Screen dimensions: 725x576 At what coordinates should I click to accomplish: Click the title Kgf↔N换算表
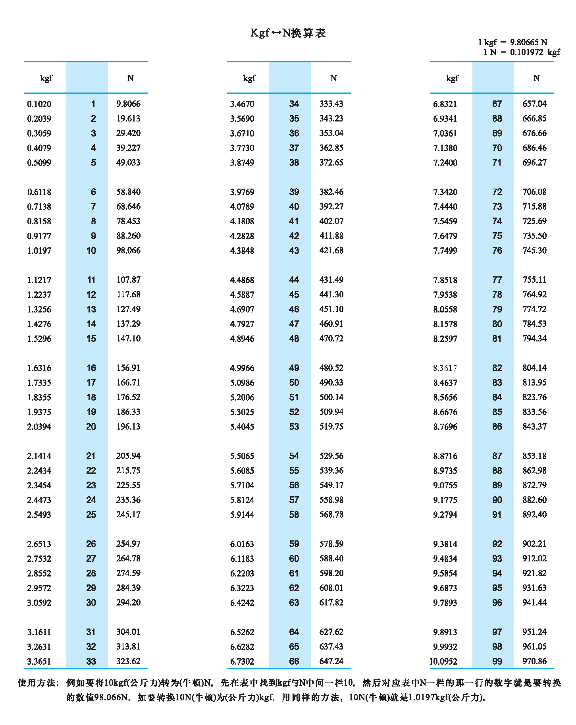click(x=288, y=33)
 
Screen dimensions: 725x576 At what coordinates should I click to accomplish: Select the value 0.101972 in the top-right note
click(x=527, y=52)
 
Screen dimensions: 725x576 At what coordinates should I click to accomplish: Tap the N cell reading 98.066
click(x=128, y=251)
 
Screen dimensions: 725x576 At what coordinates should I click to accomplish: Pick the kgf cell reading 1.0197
click(x=39, y=251)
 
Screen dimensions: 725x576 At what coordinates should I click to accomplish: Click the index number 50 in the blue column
click(x=294, y=383)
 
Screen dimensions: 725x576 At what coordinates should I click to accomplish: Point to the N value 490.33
click(x=331, y=383)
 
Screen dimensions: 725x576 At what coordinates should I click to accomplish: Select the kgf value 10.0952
click(x=443, y=661)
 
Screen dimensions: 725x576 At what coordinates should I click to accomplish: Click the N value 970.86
click(x=534, y=661)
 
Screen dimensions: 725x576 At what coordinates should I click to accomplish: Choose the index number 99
click(x=497, y=661)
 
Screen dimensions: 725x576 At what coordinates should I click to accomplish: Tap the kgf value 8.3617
click(x=445, y=368)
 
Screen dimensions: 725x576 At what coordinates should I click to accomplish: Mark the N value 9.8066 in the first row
click(x=128, y=104)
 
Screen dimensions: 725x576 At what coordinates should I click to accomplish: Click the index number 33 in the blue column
click(x=91, y=661)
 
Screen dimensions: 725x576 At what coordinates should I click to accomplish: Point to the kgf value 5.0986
click(x=242, y=383)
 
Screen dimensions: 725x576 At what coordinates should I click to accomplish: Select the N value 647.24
click(x=331, y=661)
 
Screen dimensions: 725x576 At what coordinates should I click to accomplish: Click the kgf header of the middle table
click(x=249, y=78)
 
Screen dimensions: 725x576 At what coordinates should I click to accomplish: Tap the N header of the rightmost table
click(x=536, y=78)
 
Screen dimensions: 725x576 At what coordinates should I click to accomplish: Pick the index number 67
click(x=497, y=104)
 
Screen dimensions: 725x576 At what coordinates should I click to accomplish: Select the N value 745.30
click(x=534, y=251)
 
